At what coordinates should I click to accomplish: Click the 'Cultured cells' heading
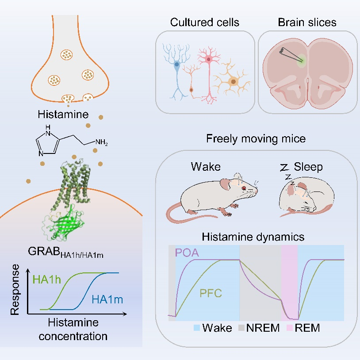[205, 23]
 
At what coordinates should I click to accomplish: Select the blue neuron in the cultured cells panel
[176, 65]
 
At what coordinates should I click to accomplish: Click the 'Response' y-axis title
[16, 289]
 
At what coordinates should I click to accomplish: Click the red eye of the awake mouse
[243, 188]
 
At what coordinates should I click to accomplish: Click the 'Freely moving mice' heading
[256, 139]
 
